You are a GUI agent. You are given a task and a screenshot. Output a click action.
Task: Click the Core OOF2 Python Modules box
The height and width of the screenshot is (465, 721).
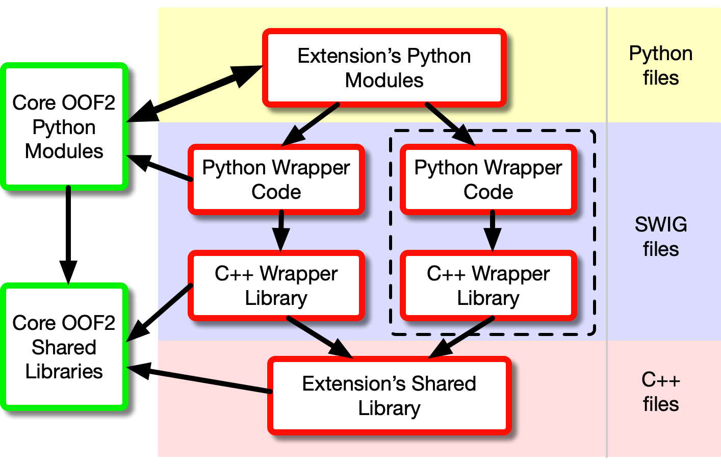point(64,126)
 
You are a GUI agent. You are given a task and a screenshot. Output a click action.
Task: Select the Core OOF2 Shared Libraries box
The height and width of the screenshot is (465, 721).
point(64,347)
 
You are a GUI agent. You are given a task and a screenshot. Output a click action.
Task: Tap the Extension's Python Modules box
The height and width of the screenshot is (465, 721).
point(384,68)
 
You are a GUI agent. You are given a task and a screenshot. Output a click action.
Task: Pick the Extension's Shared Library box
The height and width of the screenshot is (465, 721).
point(389,396)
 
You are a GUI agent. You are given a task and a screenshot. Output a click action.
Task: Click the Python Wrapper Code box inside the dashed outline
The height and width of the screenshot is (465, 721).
point(488,179)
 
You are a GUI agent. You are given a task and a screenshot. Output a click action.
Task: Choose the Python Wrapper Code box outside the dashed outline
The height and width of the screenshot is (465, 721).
point(276,179)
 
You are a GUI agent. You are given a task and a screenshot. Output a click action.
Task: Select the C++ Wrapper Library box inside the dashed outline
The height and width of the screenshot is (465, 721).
point(488,286)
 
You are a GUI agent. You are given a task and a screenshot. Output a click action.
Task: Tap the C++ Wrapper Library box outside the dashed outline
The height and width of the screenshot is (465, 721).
point(276,286)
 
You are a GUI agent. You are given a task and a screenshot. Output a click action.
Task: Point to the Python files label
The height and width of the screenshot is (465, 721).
point(660,66)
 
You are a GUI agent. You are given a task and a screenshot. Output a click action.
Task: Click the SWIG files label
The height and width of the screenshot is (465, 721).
point(660,237)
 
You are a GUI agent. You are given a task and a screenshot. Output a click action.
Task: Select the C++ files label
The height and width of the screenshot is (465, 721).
point(660,392)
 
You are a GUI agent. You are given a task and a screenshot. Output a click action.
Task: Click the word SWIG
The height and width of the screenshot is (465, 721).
point(660,224)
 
